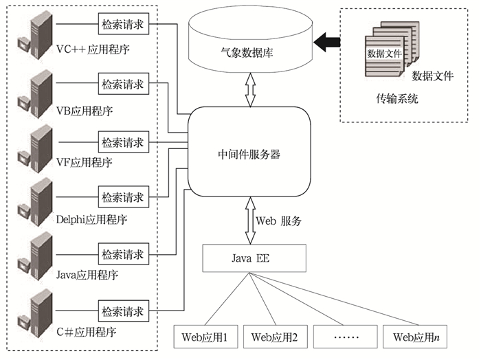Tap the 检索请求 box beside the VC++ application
tap(124, 25)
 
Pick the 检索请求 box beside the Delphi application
tap(124, 197)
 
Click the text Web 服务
tap(278, 221)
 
